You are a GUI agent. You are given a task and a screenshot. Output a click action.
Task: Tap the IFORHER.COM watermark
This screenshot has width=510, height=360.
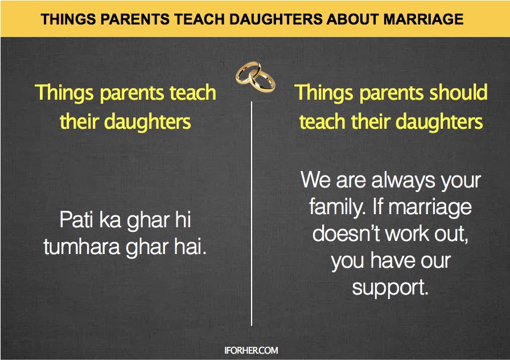[251, 350]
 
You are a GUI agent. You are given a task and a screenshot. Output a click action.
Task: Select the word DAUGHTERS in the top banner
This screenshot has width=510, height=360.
[276, 19]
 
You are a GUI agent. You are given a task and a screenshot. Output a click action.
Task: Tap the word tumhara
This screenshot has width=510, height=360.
[82, 247]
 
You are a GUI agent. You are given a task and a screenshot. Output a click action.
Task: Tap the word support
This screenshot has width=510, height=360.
[390, 288]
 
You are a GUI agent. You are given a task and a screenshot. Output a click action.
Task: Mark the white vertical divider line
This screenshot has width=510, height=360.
[252, 214]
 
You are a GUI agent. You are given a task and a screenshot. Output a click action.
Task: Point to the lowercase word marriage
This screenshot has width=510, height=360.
[430, 207]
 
